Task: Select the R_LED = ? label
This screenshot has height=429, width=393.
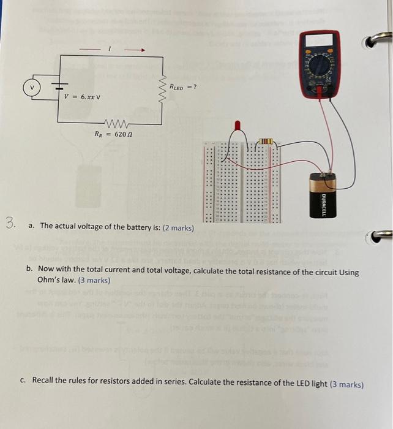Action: (x=182, y=86)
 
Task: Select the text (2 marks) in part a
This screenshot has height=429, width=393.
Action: (x=178, y=228)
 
